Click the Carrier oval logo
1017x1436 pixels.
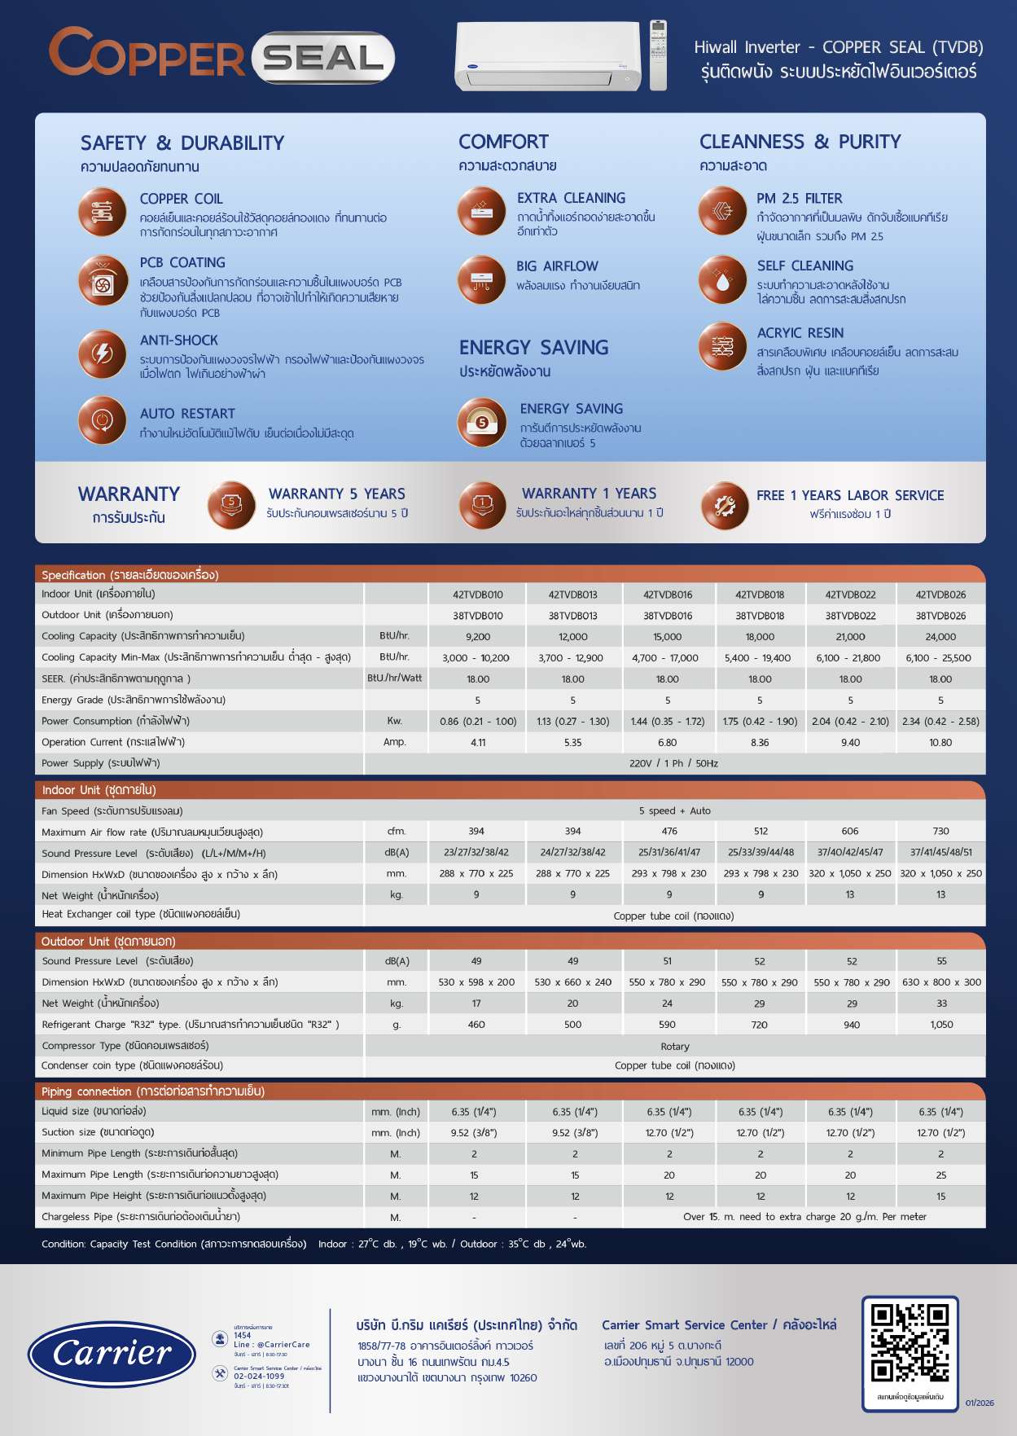[112, 1354]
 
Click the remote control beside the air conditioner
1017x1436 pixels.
[658, 55]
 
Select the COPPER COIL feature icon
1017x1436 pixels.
[103, 212]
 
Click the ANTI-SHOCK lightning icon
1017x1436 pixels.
[103, 354]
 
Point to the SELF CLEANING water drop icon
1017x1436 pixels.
[722, 279]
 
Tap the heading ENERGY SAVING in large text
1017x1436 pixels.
[533, 348]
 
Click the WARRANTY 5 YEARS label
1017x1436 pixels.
[336, 494]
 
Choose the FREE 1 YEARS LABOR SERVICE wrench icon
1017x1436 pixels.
[724, 506]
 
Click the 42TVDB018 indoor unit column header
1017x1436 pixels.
[760, 595]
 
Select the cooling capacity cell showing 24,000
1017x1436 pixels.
[940, 637]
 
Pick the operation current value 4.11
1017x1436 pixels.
[478, 743]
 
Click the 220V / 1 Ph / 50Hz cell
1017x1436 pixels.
[673, 764]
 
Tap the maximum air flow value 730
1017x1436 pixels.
[940, 832]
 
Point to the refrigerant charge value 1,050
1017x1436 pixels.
[940, 1025]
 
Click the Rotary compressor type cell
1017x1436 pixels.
[674, 1047]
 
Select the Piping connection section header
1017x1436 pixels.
[153, 1091]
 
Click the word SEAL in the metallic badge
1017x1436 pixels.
[323, 59]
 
